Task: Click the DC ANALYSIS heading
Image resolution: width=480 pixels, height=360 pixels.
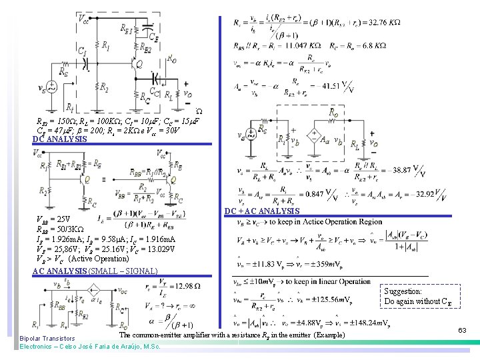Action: pos(59,139)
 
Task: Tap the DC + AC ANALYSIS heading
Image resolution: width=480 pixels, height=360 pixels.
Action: pos(261,211)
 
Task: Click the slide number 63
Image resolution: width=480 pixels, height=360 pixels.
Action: pos(462,329)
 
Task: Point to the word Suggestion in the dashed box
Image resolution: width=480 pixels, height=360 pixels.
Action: pos(403,291)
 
